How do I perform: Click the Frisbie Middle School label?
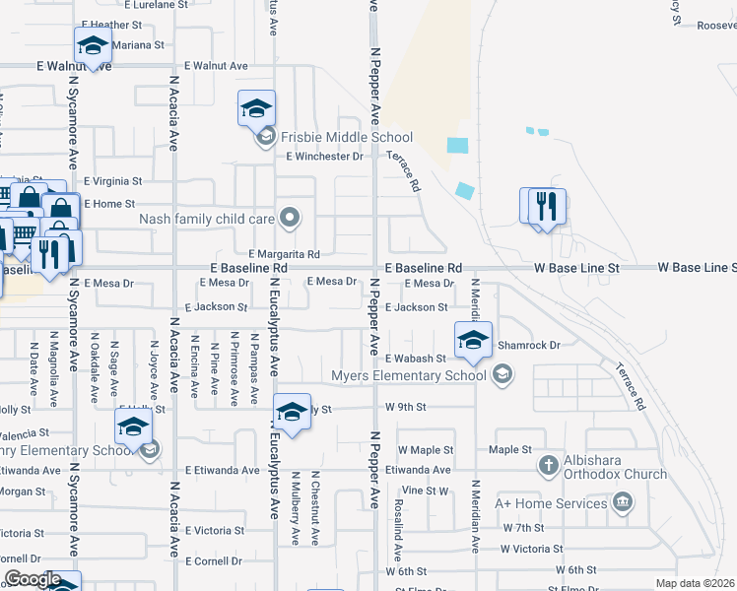[346, 138]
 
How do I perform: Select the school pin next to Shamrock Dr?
[473, 340]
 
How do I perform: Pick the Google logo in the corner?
[33, 579]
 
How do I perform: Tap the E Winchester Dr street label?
[324, 157]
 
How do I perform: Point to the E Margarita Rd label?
[284, 254]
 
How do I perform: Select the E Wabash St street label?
[415, 359]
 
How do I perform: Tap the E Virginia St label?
[113, 181]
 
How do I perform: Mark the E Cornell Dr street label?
[213, 561]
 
